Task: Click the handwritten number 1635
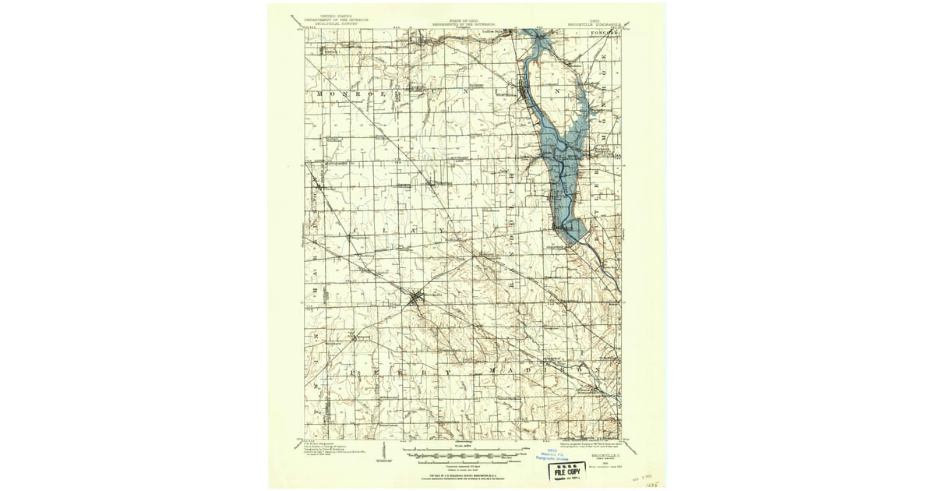tap(651, 482)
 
